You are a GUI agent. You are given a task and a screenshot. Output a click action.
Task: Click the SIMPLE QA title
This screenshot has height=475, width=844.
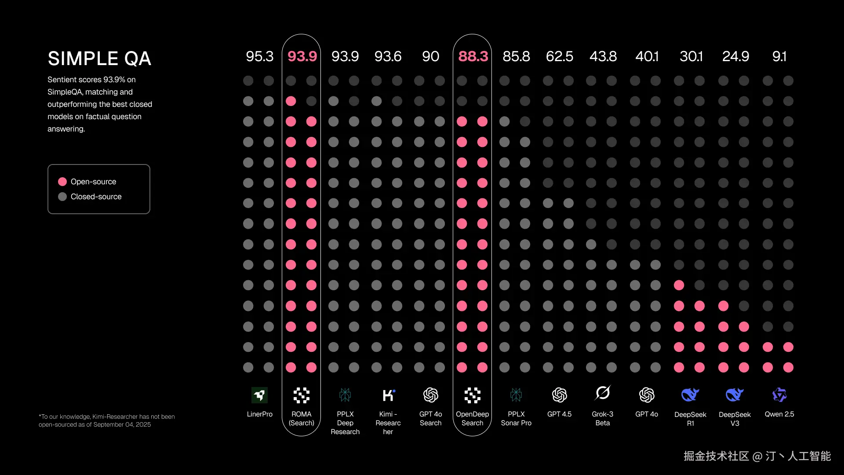99,58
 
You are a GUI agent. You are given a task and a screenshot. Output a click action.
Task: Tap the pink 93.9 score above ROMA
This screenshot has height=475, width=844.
302,56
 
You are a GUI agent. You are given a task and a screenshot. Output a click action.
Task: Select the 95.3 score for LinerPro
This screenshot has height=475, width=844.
259,56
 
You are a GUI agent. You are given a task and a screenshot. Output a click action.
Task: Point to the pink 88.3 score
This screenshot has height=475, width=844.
473,56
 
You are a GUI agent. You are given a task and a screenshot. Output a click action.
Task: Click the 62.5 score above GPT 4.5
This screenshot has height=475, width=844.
559,56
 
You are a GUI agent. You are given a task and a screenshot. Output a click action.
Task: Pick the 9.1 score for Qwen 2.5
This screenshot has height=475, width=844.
779,56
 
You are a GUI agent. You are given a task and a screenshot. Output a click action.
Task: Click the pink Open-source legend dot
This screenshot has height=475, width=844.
62,182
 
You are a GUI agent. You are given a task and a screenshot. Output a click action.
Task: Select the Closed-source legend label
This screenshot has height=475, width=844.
96,197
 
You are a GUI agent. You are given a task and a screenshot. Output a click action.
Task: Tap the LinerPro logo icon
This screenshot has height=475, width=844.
259,395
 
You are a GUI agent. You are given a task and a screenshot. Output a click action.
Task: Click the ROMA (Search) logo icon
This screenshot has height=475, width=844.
302,395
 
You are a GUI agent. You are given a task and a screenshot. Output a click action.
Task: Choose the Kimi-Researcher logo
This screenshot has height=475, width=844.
388,395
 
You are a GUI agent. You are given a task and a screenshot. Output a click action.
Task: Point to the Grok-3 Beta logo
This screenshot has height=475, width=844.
603,393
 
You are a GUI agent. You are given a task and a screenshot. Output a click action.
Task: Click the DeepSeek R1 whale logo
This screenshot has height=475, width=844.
690,395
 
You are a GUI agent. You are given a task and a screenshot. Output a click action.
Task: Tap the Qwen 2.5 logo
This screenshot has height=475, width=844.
779,395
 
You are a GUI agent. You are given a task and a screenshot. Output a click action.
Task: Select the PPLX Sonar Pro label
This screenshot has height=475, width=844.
516,419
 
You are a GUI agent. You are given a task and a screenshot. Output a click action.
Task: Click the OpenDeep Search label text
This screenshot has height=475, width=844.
472,419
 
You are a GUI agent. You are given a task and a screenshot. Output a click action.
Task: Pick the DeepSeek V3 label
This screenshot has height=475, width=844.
735,419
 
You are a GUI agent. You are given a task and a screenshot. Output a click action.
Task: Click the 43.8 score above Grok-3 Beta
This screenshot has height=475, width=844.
603,56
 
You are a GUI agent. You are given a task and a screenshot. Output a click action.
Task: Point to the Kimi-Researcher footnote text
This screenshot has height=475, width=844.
106,420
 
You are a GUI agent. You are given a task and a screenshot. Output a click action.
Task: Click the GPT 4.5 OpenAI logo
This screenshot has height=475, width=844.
559,395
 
